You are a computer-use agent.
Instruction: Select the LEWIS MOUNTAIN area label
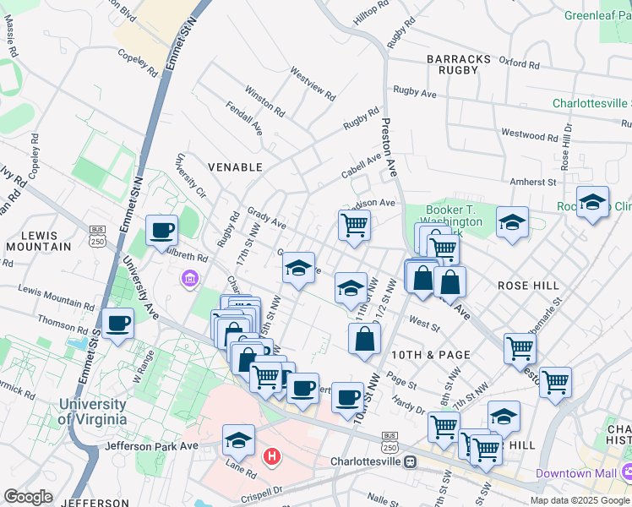tap(38, 241)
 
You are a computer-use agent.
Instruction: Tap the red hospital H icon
tap(272, 457)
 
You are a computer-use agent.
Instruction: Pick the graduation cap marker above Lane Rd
tap(239, 439)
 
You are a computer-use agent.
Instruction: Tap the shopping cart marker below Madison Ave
tap(354, 224)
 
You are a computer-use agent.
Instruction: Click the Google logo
tap(28, 497)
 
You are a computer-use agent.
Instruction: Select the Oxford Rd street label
tap(519, 63)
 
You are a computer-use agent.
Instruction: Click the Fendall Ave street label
tap(244, 120)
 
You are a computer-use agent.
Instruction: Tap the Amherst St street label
tap(533, 181)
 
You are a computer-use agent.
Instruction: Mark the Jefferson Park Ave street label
tap(152, 445)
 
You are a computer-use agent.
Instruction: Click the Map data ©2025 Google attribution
tap(579, 499)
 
